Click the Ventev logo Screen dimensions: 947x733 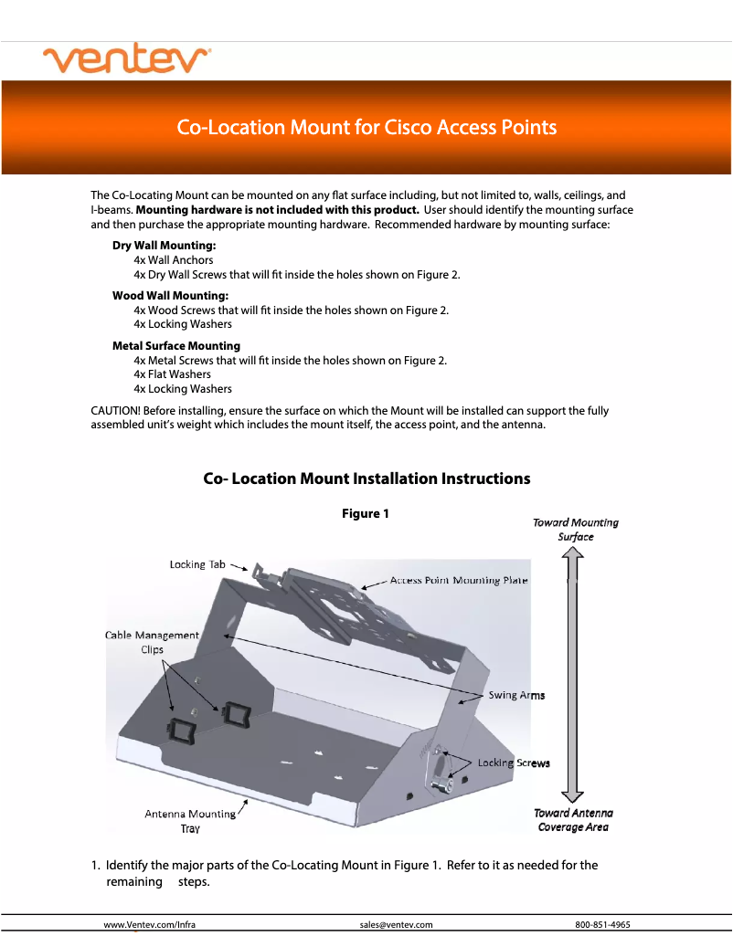[x=127, y=60]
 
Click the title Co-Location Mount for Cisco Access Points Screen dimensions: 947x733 [x=366, y=127]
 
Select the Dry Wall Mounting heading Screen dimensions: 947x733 [x=165, y=246]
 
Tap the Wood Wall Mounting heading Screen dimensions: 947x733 [x=170, y=296]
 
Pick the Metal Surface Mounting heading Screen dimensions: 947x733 [x=176, y=346]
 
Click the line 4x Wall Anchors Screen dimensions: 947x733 [x=174, y=260]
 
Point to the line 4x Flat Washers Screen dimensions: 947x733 [x=172, y=374]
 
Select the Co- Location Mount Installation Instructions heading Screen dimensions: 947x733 [x=366, y=479]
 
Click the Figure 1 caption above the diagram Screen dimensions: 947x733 [x=366, y=514]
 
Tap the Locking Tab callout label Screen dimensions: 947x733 [x=197, y=564]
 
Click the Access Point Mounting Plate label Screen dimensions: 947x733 [x=459, y=581]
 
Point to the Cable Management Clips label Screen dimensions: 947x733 [x=152, y=642]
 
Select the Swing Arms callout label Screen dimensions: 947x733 [x=516, y=695]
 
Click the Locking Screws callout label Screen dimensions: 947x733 [x=514, y=763]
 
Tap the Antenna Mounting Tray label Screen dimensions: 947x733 [x=190, y=821]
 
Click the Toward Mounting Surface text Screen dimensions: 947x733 [x=576, y=530]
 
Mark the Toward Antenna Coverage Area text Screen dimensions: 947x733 [x=573, y=820]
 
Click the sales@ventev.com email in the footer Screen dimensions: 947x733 [x=396, y=924]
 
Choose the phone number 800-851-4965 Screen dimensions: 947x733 [x=602, y=924]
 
